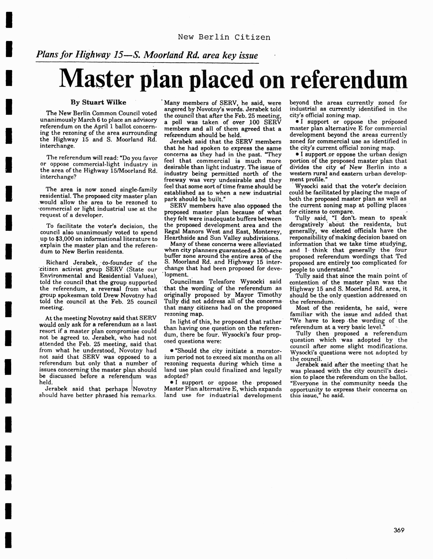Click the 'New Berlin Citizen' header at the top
[224, 37]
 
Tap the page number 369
[399, 530]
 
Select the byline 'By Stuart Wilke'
[98, 102]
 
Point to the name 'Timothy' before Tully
[269, 295]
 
